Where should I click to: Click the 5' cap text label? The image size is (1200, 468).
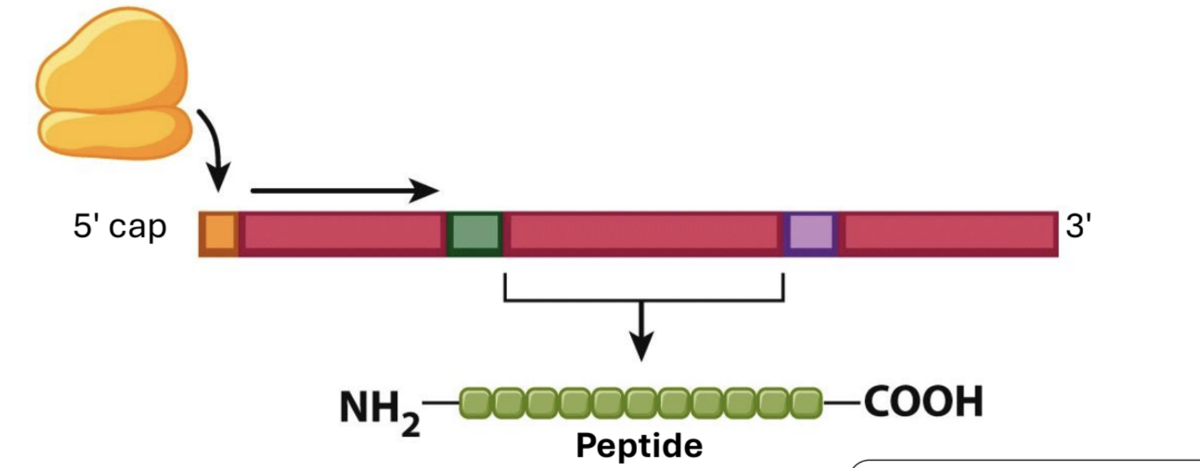click(119, 227)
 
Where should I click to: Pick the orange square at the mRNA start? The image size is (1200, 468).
click(219, 233)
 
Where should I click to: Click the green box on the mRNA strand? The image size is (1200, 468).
click(475, 233)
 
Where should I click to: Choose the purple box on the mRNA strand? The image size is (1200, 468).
click(811, 233)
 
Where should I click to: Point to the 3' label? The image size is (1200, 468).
click(1078, 227)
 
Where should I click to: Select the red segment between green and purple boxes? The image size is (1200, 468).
click(643, 233)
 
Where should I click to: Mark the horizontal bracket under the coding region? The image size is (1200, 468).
click(643, 299)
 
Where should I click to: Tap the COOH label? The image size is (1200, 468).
click(923, 402)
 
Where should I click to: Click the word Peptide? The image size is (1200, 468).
click(639, 446)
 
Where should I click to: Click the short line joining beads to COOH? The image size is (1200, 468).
click(842, 402)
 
